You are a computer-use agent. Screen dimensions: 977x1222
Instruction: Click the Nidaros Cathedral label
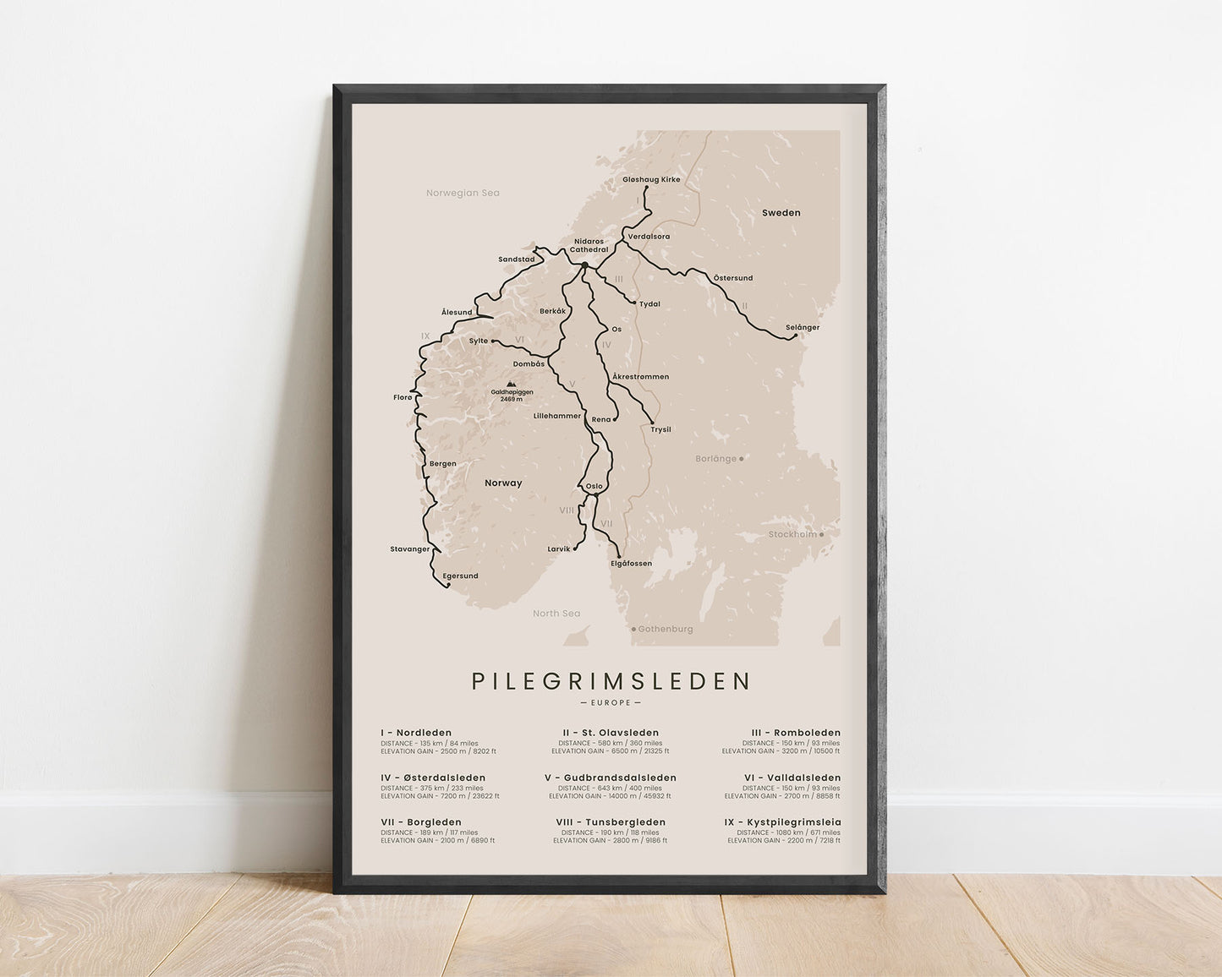point(589,245)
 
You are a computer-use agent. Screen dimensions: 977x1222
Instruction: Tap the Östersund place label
point(732,277)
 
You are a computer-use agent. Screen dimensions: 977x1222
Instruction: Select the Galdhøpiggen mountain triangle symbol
point(511,383)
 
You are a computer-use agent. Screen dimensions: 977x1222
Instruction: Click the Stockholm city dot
point(821,534)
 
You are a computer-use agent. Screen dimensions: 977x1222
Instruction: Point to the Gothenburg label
point(665,629)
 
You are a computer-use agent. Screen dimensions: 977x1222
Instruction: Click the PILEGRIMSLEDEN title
point(611,680)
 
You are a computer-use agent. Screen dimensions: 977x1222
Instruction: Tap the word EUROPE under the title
point(611,702)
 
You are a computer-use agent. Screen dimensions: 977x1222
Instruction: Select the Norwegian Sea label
point(463,193)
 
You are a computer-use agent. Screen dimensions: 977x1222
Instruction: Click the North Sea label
point(556,613)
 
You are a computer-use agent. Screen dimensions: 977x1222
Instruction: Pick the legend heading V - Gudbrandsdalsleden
point(611,778)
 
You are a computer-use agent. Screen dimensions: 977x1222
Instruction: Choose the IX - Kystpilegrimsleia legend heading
point(783,821)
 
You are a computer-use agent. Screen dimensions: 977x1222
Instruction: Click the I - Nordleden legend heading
point(416,733)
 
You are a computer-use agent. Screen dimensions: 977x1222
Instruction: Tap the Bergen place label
point(442,463)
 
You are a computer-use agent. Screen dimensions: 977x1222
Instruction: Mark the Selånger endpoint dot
point(795,336)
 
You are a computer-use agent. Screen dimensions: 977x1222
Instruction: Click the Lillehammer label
point(557,416)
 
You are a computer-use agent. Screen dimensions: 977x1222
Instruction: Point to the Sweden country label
point(781,213)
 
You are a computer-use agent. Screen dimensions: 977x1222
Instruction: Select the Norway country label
point(503,483)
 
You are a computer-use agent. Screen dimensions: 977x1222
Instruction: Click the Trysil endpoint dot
point(652,422)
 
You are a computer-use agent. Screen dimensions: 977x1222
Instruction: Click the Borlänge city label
point(715,458)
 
